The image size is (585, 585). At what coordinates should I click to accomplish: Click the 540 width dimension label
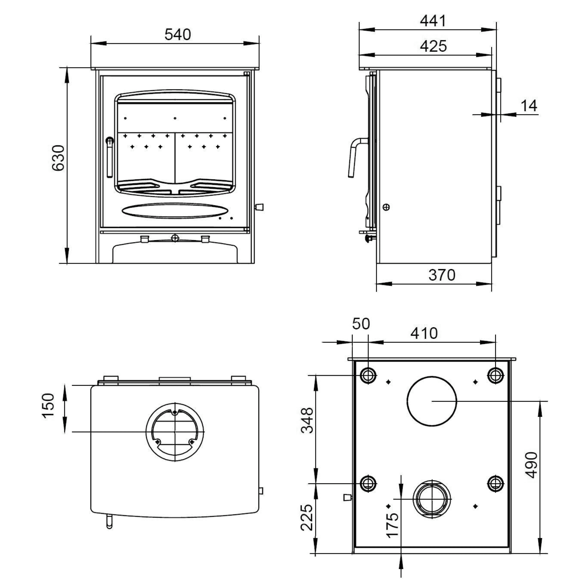[178, 35]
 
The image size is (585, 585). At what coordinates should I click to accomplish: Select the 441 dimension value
[433, 21]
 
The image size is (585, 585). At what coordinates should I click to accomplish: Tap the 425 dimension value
[433, 46]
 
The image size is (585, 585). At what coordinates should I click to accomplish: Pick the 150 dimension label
[49, 406]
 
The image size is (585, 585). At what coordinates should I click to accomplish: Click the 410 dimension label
[424, 333]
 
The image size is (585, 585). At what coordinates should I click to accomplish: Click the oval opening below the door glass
[174, 210]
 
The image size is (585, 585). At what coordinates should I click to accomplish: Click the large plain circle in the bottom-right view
[432, 401]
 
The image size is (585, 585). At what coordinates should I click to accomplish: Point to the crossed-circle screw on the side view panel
[386, 207]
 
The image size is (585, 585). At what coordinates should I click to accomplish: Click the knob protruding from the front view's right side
[259, 207]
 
